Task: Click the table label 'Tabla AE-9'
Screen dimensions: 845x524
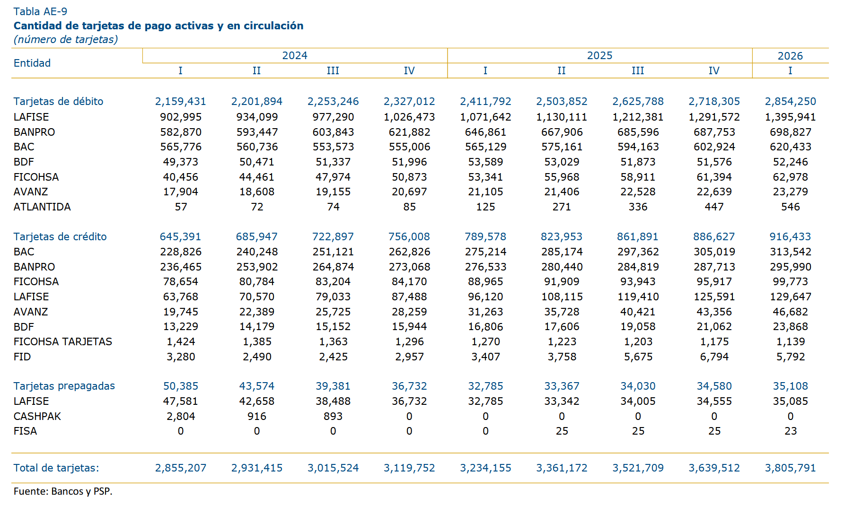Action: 40,11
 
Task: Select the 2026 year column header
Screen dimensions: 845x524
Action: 790,56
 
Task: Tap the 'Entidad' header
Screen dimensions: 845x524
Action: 32,63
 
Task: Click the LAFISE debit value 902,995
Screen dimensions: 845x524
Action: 181,117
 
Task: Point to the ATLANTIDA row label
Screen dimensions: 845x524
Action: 42,207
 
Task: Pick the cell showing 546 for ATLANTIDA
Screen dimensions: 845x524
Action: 790,207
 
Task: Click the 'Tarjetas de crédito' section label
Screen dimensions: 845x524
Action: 60,236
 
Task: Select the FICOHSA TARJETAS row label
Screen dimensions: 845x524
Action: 63,341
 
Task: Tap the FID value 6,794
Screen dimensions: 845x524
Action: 714,357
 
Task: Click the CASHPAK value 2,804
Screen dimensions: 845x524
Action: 181,416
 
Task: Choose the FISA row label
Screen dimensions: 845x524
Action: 25,431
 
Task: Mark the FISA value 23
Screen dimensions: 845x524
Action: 791,431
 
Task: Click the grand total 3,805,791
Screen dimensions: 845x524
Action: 790,468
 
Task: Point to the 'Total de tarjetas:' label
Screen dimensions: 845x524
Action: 56,468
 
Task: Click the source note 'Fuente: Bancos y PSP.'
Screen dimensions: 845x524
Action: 63,491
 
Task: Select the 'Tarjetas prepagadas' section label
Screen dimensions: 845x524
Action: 64,386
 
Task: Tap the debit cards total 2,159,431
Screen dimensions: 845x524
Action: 181,101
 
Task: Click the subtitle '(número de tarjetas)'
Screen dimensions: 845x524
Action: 66,39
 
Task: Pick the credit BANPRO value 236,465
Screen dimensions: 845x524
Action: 181,267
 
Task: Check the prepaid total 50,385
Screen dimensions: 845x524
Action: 181,386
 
